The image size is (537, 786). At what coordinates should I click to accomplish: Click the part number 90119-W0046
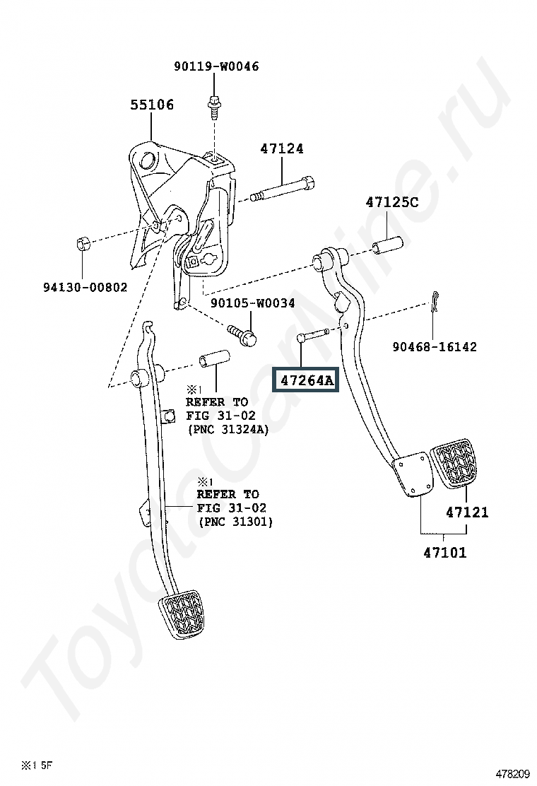[216, 66]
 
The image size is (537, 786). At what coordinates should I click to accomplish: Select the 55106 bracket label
[151, 105]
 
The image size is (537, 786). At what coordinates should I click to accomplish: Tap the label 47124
[281, 149]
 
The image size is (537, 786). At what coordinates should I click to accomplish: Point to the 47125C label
[391, 202]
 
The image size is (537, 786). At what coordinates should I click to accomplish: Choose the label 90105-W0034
[252, 303]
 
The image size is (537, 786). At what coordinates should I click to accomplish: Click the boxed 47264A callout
[307, 380]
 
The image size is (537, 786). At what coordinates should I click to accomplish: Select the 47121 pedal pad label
[466, 512]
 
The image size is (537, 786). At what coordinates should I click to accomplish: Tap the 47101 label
[445, 553]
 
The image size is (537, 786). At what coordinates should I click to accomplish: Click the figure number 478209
[513, 773]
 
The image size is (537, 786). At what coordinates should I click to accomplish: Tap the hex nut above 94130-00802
[81, 245]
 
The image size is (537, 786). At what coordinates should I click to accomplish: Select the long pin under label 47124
[281, 192]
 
